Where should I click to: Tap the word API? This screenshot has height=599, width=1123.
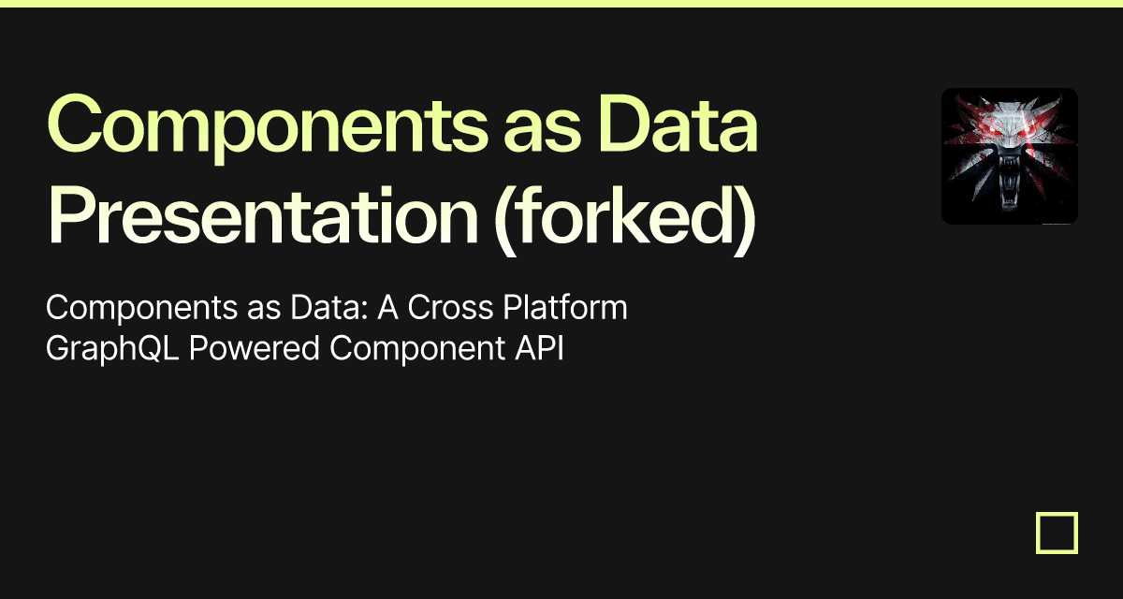542,348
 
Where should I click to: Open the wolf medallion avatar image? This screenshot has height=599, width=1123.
1009,156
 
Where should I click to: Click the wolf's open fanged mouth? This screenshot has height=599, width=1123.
1009,187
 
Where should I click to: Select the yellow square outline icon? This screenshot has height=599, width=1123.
1057,533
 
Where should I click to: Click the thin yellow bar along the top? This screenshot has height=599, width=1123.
561,3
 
